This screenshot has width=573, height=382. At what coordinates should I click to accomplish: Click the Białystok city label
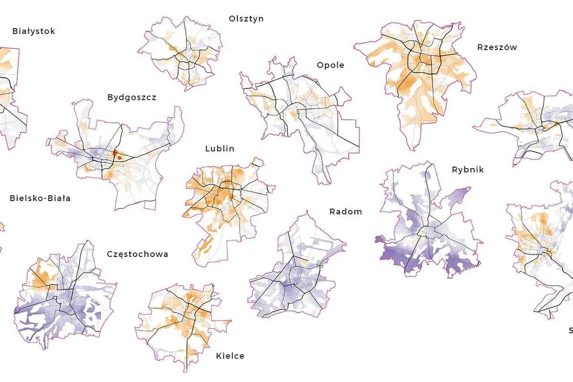tap(33, 32)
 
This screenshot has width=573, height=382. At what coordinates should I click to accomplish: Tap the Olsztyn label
tap(246, 19)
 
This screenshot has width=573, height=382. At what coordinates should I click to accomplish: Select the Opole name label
tap(330, 65)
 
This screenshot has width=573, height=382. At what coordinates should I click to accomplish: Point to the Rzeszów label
tap(497, 47)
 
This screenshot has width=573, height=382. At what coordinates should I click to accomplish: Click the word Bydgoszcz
tap(132, 97)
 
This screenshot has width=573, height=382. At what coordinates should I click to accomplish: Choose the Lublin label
tap(220, 149)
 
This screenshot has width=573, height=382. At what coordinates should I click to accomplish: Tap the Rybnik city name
tap(467, 170)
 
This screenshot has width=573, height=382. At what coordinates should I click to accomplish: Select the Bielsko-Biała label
tap(40, 198)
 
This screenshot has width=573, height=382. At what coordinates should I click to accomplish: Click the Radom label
tap(346, 212)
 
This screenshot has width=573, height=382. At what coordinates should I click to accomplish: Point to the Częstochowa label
tap(138, 254)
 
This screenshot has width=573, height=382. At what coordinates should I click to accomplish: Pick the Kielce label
tap(230, 356)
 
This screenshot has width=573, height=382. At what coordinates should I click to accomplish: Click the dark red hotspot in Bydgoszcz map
tap(116, 154)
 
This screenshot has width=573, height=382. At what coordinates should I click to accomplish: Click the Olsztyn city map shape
tap(181, 53)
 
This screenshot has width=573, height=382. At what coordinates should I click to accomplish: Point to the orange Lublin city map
tap(224, 201)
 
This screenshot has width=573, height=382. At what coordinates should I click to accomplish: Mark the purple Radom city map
tap(296, 272)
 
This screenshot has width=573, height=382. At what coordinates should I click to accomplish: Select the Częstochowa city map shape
tap(64, 296)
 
